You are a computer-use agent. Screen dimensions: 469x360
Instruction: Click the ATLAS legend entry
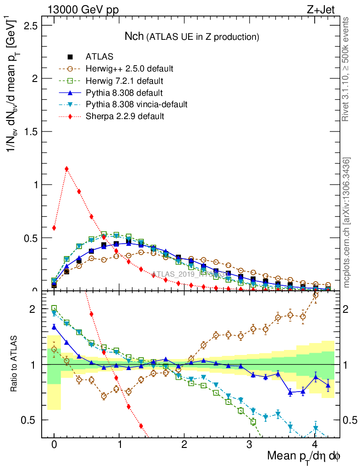click(99, 57)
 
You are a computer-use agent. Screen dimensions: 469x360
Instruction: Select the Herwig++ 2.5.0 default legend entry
click(129, 69)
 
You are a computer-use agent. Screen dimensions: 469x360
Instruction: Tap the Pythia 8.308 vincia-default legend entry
click(136, 104)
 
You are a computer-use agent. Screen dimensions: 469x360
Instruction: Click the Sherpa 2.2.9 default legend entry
click(125, 116)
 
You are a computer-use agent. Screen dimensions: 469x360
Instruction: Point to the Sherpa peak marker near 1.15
click(67, 169)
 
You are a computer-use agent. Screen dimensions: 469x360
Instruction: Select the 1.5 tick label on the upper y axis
click(31, 131)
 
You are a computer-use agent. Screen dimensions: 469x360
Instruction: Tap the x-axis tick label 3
click(250, 445)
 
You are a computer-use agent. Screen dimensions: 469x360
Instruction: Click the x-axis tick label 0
click(54, 445)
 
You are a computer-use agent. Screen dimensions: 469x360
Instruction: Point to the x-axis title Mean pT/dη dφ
click(304, 457)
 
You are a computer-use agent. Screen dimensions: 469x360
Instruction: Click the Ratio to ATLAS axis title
click(15, 364)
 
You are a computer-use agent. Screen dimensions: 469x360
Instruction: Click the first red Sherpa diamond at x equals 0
click(54, 228)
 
